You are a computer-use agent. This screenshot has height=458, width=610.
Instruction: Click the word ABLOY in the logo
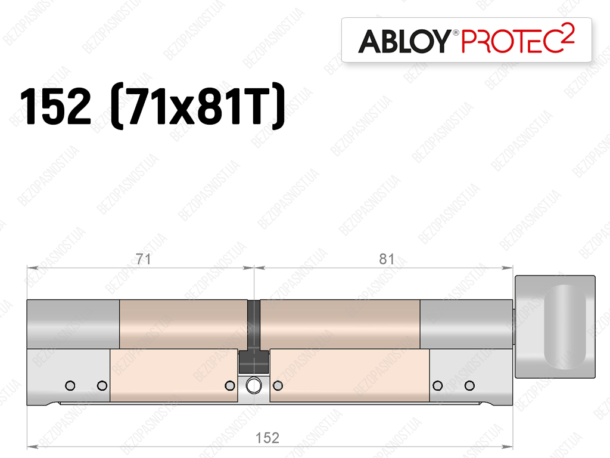pyautogui.click(x=405, y=41)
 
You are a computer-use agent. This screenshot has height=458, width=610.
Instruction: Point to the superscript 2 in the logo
pyautogui.click(x=568, y=32)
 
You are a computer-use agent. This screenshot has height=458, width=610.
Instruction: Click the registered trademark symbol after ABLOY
pyautogui.click(x=456, y=32)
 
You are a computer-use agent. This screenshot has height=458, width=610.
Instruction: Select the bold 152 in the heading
pyautogui.click(x=55, y=106)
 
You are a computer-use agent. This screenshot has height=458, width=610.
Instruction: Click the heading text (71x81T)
pyautogui.click(x=198, y=106)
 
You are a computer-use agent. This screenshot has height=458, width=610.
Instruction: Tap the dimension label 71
pyautogui.click(x=143, y=259)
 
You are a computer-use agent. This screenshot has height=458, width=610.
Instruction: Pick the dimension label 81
pyautogui.click(x=387, y=259)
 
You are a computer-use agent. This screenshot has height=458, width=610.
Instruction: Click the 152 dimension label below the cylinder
pyautogui.click(x=267, y=438)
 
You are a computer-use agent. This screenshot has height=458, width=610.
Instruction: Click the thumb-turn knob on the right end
pyautogui.click(x=555, y=327)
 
